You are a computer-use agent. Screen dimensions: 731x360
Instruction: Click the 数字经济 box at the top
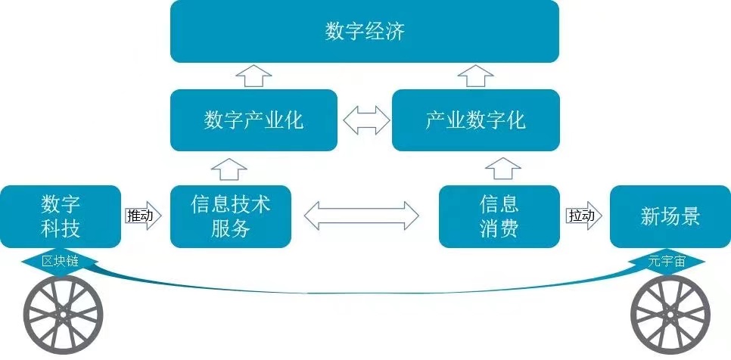pyautogui.click(x=365, y=31)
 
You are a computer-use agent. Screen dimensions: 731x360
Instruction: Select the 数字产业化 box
pyautogui.click(x=254, y=120)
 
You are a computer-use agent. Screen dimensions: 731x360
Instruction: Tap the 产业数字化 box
pyautogui.click(x=475, y=120)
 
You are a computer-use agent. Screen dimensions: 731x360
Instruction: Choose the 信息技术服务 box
pyautogui.click(x=231, y=216)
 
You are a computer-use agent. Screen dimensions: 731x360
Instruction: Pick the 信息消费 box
pyautogui.click(x=499, y=216)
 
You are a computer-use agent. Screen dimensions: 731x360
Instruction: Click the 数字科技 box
pyautogui.click(x=61, y=216)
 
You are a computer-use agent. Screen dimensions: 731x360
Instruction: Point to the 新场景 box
pyautogui.click(x=670, y=216)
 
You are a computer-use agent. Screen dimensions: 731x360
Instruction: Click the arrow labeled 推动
pyautogui.click(x=144, y=216)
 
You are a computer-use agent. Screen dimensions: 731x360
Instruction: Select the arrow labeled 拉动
pyautogui.click(x=583, y=216)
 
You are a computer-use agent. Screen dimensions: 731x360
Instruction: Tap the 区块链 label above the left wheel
pyautogui.click(x=60, y=262)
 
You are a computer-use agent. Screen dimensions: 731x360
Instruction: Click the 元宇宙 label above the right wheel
pyautogui.click(x=667, y=262)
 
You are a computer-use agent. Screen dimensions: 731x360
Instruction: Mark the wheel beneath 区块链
pyautogui.click(x=64, y=315)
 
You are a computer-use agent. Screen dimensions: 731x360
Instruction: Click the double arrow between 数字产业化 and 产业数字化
pyautogui.click(x=366, y=120)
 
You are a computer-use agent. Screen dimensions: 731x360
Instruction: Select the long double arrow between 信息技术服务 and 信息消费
pyautogui.click(x=361, y=216)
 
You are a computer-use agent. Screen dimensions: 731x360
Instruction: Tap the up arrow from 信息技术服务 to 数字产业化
pyautogui.click(x=229, y=169)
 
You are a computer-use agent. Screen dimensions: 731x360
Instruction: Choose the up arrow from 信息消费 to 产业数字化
pyautogui.click(x=503, y=169)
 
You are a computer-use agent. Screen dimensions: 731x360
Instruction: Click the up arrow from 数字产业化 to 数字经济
pyautogui.click(x=254, y=76)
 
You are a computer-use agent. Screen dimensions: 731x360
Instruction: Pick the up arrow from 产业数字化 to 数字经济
pyautogui.click(x=475, y=76)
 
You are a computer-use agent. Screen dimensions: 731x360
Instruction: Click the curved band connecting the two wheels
pyautogui.click(x=364, y=291)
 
